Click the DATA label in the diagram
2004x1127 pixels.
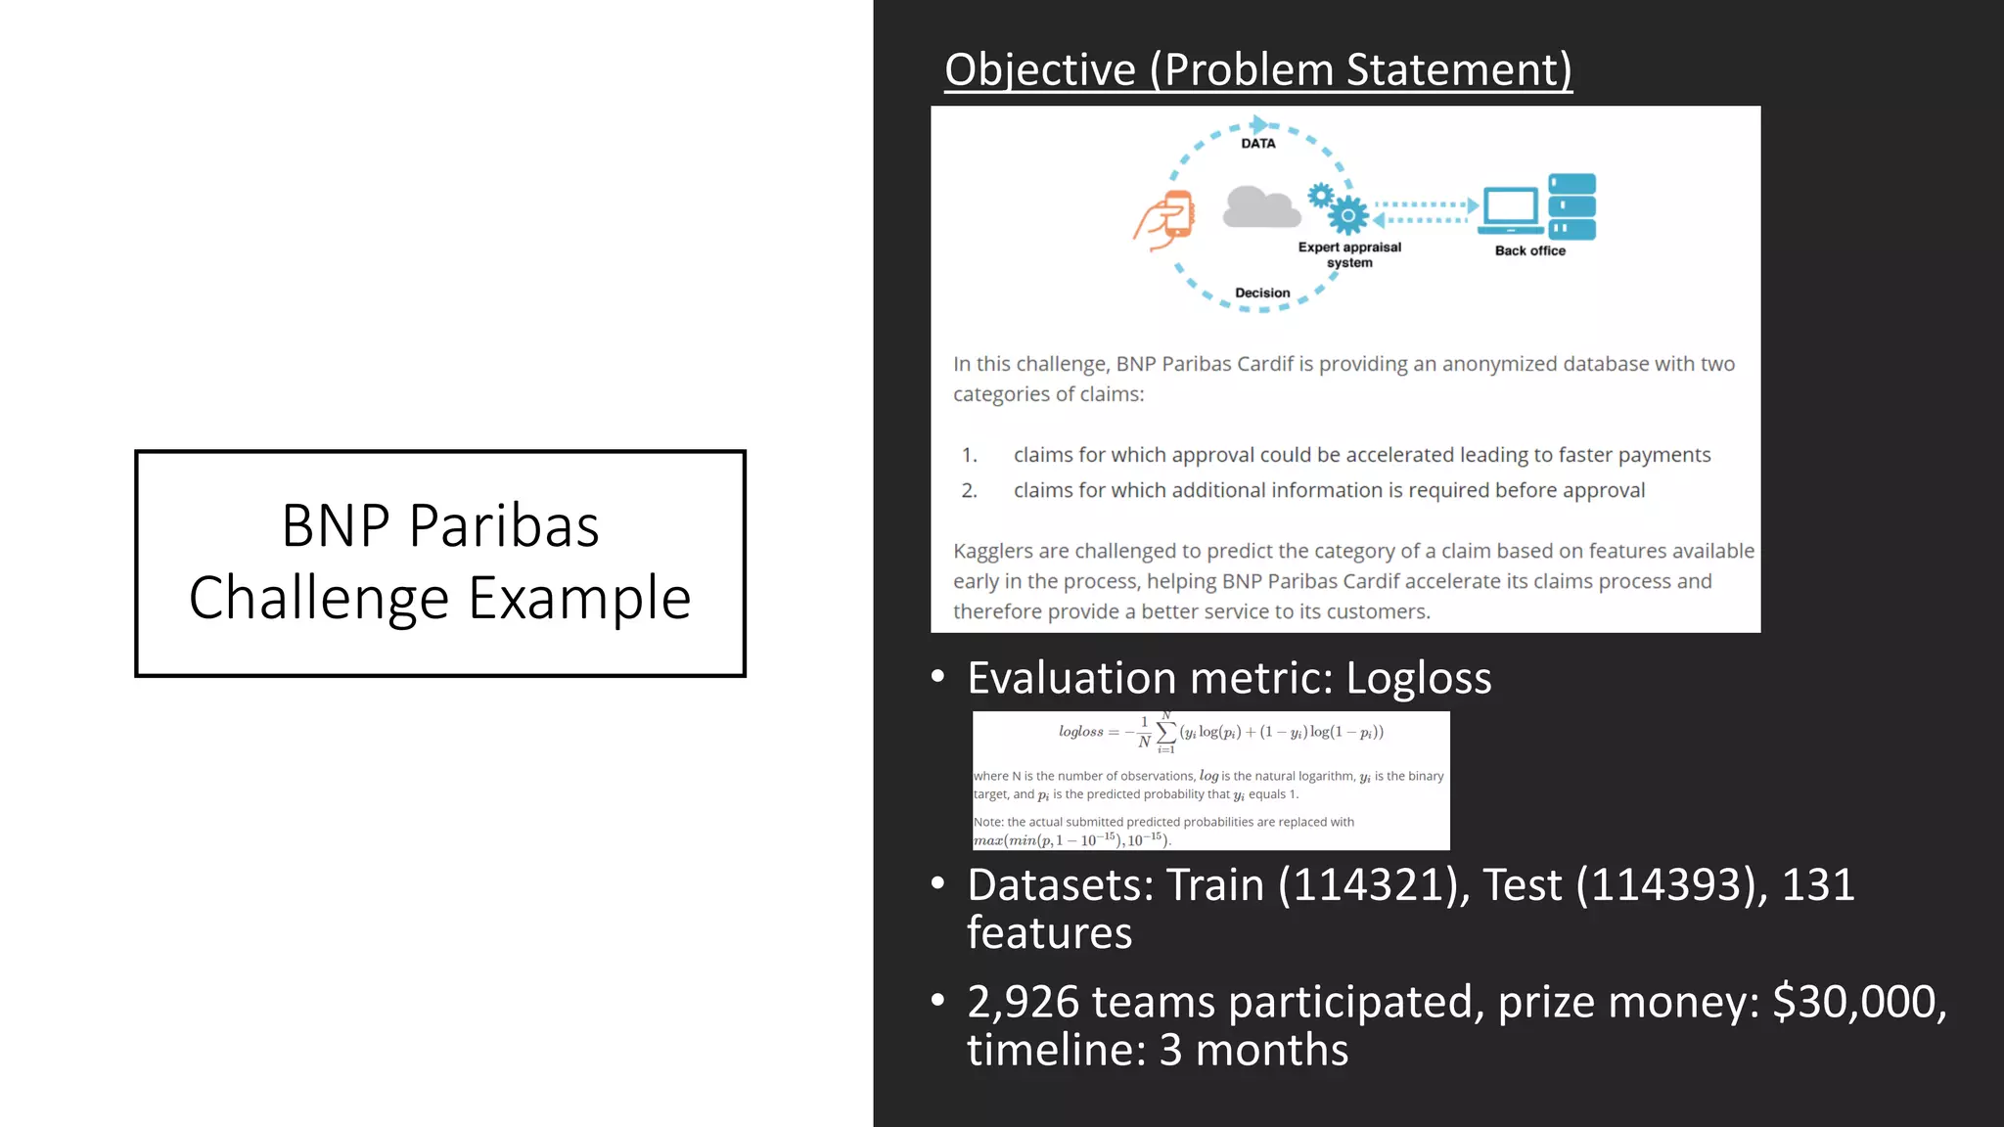[1257, 143]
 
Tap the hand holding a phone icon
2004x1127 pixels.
[1166, 219]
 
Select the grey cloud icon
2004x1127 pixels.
[1261, 207]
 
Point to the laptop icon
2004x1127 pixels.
[1510, 210]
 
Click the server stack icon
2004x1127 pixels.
[1571, 207]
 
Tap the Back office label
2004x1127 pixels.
[1529, 250]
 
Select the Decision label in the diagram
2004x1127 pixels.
[1262, 293]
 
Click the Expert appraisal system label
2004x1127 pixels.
[1349, 254]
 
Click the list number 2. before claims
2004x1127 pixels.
[969, 490]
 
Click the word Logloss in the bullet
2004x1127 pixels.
[1418, 678]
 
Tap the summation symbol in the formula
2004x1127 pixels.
[1166, 732]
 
